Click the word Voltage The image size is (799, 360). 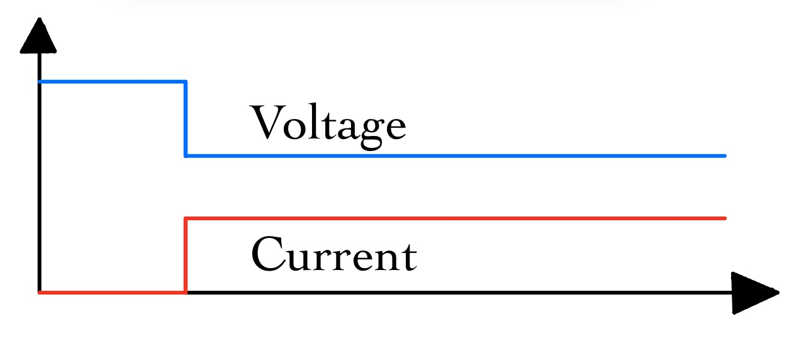pos(328,125)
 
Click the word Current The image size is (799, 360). pos(333,254)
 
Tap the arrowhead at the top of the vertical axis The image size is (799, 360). pos(39,37)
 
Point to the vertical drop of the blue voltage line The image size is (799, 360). pos(185,118)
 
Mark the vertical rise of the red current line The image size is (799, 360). pos(185,255)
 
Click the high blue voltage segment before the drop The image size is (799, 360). pos(112,81)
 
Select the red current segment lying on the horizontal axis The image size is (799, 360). pos(112,293)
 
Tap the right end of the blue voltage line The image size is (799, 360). pos(725,155)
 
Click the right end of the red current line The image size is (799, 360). pos(725,218)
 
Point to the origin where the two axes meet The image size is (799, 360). pos(39,293)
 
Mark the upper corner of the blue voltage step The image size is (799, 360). pos(185,81)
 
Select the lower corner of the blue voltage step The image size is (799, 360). pos(185,155)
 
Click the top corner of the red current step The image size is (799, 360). pos(185,218)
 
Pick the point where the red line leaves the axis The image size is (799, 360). pos(185,293)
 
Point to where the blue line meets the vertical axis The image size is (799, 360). pos(39,81)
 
